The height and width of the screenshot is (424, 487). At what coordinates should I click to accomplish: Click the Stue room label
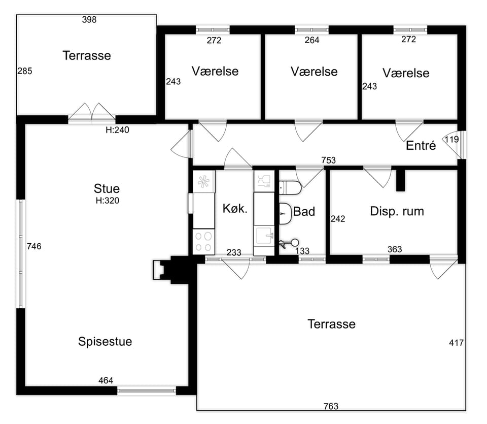coord(107,188)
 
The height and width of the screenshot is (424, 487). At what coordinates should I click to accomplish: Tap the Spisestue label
coord(105,342)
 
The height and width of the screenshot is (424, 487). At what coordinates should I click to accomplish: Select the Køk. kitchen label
coord(235,209)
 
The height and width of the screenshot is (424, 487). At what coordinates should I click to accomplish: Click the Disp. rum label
coord(397,211)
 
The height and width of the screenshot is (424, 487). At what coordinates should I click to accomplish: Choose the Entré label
coord(421,146)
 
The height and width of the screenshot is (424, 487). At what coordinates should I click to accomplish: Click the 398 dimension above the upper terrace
coord(89,20)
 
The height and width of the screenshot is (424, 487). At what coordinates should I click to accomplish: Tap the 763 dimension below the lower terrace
coord(331,406)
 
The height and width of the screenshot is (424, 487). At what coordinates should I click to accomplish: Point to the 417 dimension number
coord(456,343)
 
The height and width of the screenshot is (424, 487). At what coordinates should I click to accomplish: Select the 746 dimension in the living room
coord(33,247)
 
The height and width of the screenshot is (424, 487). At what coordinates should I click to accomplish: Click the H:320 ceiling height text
coord(107,201)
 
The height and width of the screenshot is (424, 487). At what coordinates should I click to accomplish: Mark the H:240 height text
coord(117,130)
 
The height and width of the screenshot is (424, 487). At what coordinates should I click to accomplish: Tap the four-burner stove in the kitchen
coord(203,242)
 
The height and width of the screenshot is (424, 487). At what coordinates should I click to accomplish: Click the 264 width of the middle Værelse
coord(312,41)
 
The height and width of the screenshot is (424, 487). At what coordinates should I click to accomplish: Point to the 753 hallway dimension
coord(329,160)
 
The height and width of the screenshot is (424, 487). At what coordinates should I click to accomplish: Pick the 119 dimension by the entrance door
coord(451,139)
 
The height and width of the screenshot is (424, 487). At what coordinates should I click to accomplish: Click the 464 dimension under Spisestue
coord(106,380)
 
